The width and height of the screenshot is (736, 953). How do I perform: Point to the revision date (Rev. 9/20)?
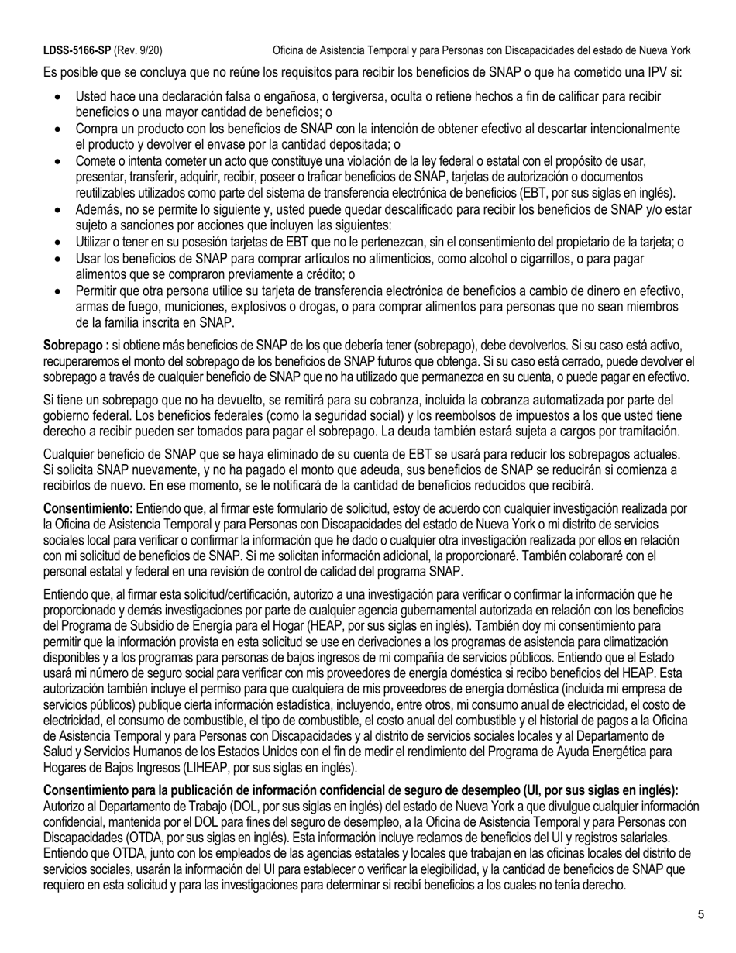(x=138, y=50)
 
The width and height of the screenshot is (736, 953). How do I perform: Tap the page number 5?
(x=700, y=915)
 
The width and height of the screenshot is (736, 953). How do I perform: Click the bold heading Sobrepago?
(x=74, y=343)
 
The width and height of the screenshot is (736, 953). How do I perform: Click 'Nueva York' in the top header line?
(x=662, y=50)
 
